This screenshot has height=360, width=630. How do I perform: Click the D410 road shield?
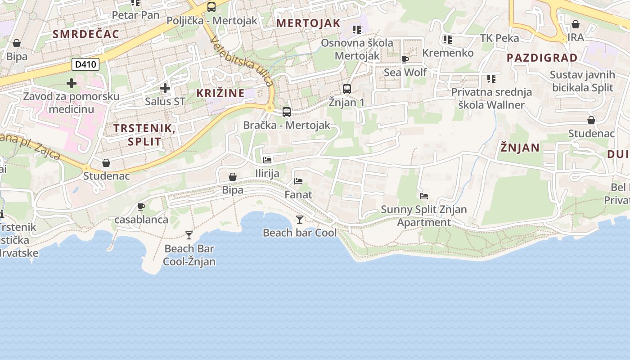point(85,64)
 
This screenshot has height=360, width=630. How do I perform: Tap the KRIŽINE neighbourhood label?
point(220,93)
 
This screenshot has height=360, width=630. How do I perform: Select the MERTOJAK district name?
point(308,23)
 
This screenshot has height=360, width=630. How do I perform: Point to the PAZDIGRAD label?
point(542,58)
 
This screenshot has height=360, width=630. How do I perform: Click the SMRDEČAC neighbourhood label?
point(86,34)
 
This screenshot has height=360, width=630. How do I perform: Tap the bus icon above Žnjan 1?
point(346,89)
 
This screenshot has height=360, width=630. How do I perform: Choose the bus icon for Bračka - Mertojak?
point(287,112)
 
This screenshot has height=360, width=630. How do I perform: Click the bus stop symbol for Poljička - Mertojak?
point(211,7)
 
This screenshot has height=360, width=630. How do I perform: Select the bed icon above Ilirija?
point(267,160)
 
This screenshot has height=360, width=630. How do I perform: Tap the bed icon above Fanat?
point(298,181)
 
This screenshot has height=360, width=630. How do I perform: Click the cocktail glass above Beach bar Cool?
point(300,220)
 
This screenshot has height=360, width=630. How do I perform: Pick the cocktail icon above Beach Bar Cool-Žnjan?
point(189,235)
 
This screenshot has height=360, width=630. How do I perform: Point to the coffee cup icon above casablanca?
point(141,207)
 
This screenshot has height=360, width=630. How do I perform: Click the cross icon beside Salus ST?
point(165,88)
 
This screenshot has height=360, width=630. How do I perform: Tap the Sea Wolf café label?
point(405,72)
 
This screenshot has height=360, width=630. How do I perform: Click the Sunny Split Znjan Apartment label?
point(424,216)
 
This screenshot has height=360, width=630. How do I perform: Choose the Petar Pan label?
point(135,15)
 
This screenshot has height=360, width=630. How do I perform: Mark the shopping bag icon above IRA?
point(575,24)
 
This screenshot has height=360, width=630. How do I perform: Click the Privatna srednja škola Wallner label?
point(491,99)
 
